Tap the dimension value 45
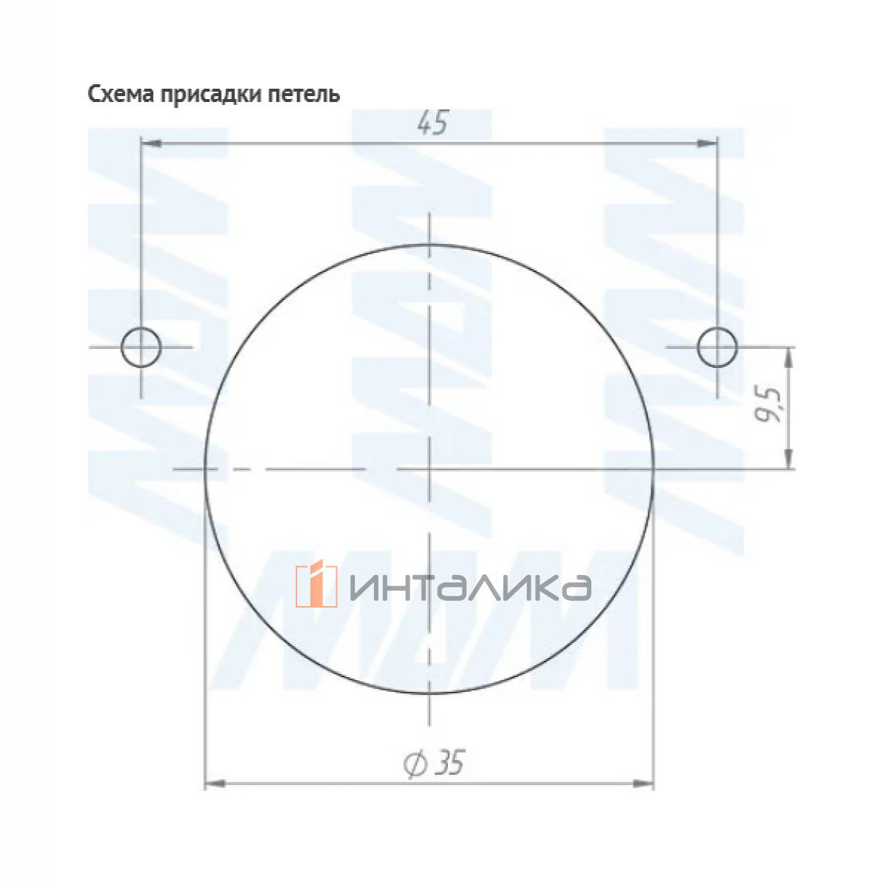(x=432, y=124)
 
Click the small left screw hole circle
(x=141, y=346)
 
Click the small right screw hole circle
(x=716, y=346)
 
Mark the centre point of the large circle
(x=429, y=469)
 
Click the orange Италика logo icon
(x=316, y=585)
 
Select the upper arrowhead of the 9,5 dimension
(x=790, y=356)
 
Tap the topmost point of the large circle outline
(x=429, y=244)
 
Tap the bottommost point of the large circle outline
(x=429, y=693)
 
